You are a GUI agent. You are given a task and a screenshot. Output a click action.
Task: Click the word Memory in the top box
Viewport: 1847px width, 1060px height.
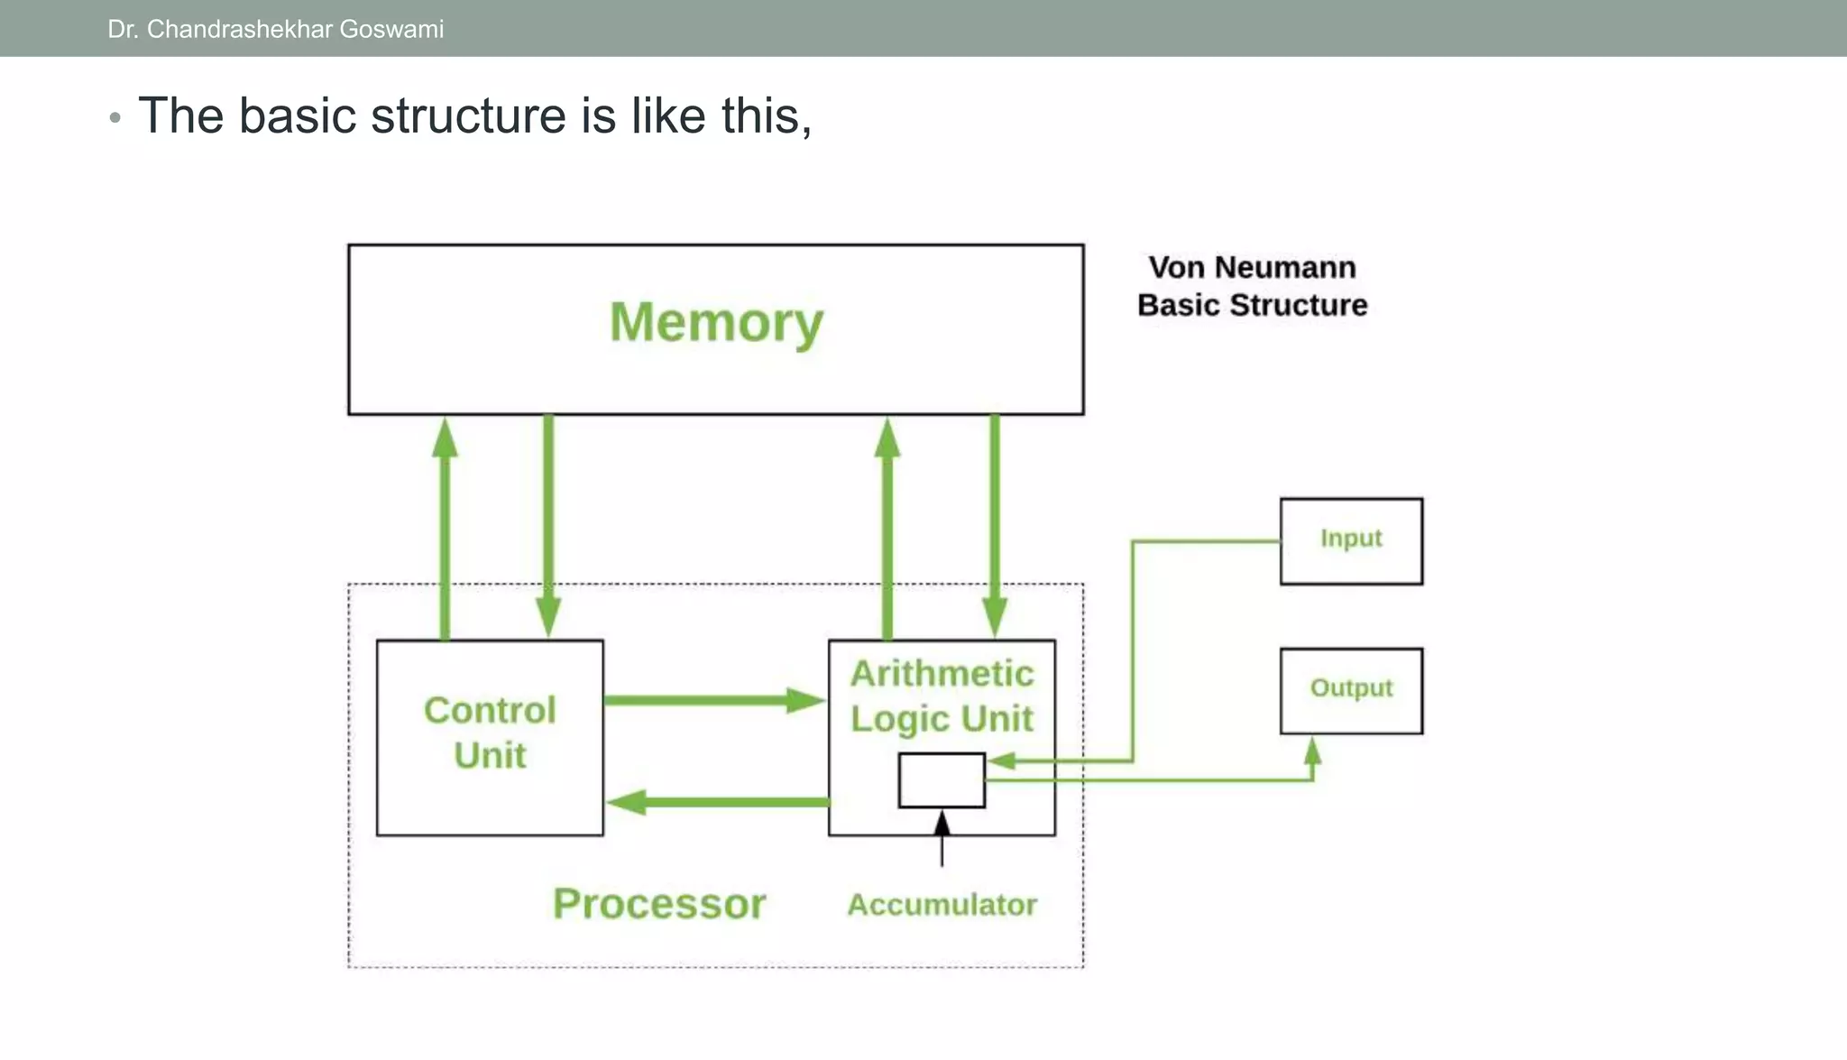click(x=716, y=323)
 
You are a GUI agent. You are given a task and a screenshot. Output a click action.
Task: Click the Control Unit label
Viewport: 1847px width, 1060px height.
click(x=490, y=733)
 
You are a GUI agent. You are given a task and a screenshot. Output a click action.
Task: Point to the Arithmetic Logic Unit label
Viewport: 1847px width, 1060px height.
click(x=942, y=696)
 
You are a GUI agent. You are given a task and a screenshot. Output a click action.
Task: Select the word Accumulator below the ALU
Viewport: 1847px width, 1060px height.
click(x=942, y=905)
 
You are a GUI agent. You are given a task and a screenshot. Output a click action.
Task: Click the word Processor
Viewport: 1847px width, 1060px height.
click(x=659, y=904)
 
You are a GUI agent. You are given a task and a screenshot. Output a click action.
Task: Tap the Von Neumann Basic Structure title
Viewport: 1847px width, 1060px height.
click(x=1252, y=286)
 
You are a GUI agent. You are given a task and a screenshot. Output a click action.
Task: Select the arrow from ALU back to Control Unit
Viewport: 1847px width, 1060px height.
click(x=718, y=802)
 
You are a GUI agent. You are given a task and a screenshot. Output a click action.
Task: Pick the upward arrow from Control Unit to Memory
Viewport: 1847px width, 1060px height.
click(x=445, y=529)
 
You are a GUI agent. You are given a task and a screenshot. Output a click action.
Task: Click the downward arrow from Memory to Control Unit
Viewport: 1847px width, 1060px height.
click(x=548, y=526)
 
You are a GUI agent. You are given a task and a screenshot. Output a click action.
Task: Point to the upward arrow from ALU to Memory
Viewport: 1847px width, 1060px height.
click(x=887, y=529)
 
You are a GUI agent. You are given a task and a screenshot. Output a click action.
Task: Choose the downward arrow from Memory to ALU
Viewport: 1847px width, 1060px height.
click(x=995, y=526)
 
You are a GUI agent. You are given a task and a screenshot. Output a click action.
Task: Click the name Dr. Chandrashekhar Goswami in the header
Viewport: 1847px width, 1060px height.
click(x=276, y=30)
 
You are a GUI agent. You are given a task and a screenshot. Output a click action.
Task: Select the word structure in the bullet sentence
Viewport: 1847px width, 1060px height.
click(x=468, y=115)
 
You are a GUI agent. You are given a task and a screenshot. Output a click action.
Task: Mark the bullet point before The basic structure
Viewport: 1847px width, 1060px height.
click(x=115, y=118)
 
